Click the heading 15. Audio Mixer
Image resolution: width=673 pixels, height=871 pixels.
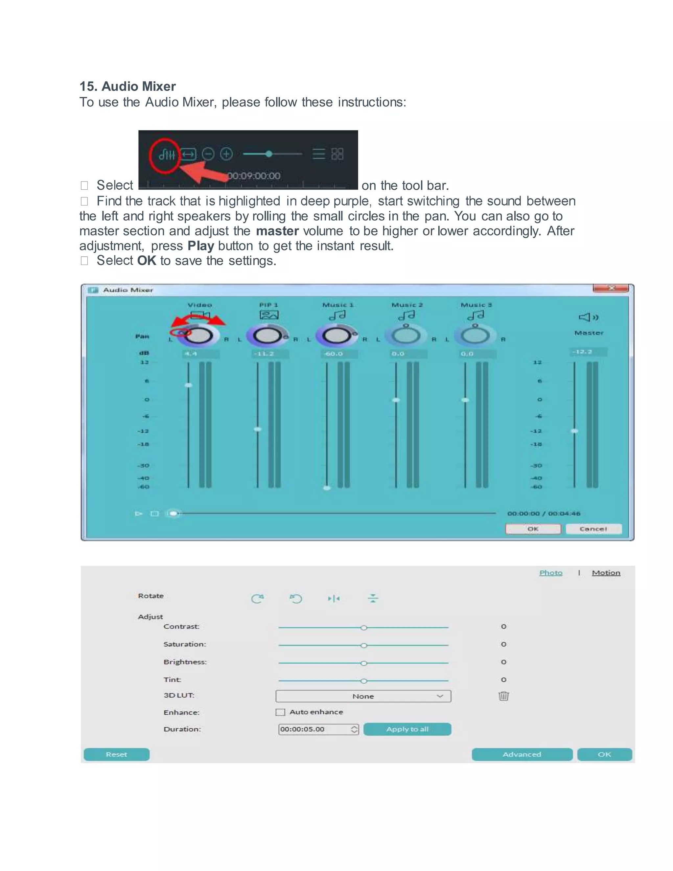[x=128, y=86]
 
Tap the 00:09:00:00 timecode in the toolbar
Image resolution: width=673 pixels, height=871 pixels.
[x=254, y=176]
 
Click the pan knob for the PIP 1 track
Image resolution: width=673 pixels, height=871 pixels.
[x=267, y=336]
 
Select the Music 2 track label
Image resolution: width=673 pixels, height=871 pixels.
[x=407, y=305]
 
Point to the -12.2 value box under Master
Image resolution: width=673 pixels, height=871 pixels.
[x=588, y=352]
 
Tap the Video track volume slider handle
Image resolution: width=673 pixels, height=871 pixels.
[x=189, y=385]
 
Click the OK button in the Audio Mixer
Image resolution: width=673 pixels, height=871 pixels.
[x=533, y=529]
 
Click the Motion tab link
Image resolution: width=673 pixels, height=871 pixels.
[x=606, y=573]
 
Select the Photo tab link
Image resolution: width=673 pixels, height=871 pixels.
[x=551, y=573]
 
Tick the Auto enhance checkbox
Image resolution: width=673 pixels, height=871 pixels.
[x=281, y=712]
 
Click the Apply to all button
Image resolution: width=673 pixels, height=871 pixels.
[x=407, y=729]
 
